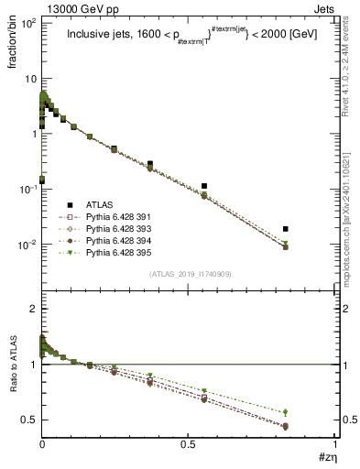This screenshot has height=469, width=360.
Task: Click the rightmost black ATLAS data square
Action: point(286,229)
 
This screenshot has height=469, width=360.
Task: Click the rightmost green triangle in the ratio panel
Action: point(286,412)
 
